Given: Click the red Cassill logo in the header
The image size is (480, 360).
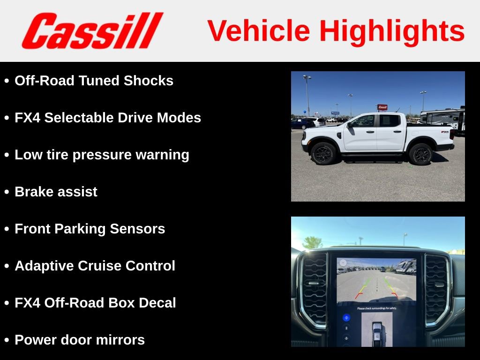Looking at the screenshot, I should (92, 31).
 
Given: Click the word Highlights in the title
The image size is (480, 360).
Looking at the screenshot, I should (392, 31).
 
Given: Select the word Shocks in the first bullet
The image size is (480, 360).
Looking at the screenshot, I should (149, 81).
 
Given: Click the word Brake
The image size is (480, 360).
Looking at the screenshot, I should (34, 192).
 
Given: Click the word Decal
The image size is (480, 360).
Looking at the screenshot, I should (157, 303).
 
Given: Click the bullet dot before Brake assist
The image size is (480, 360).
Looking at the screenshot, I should (7, 192).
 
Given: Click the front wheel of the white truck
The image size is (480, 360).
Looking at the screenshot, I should (323, 154).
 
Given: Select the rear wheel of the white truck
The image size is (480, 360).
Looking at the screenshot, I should (420, 154).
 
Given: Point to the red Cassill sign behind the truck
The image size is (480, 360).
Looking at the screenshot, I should (382, 107).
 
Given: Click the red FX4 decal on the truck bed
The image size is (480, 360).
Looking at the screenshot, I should (444, 133).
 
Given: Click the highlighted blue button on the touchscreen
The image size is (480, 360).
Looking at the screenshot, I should (346, 317).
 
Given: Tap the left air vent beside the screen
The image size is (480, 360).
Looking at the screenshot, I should (315, 289).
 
